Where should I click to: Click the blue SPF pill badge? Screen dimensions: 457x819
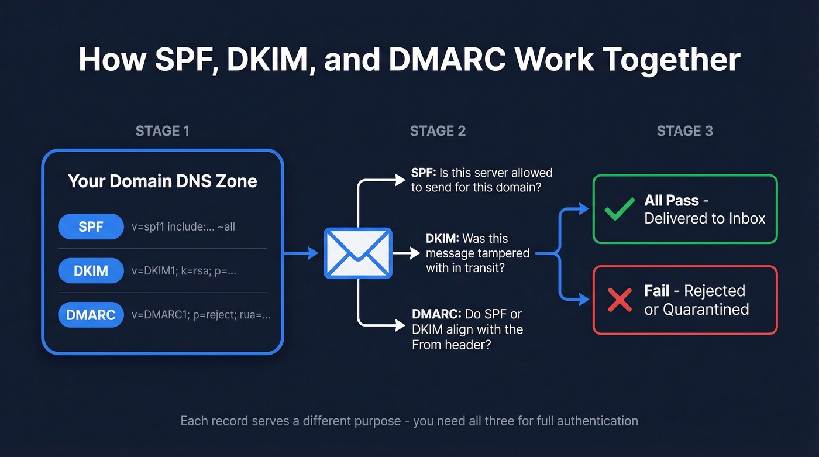coord(91,226)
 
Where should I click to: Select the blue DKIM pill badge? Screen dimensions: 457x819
coord(91,271)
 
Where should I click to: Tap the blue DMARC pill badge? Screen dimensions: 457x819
coord(91,315)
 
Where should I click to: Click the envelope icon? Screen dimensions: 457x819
coord(357,253)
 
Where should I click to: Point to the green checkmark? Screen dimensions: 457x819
coord(620,209)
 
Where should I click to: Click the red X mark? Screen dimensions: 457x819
coord(620,300)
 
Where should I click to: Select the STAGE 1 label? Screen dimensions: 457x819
coord(162,131)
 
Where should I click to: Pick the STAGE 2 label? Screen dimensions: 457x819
coord(438,131)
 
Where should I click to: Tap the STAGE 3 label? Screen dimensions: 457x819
coord(684,131)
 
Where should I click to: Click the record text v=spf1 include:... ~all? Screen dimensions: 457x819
coord(183,226)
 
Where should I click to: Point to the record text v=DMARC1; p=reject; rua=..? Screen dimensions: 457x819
coord(201,315)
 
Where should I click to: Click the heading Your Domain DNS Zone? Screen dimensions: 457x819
coord(162,181)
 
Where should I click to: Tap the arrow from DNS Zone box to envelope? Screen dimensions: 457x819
coord(301,253)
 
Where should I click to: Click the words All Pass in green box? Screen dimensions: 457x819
coord(672,201)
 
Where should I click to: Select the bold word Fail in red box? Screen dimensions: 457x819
coord(658,291)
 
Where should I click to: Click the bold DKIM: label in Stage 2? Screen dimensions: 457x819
coord(443,239)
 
